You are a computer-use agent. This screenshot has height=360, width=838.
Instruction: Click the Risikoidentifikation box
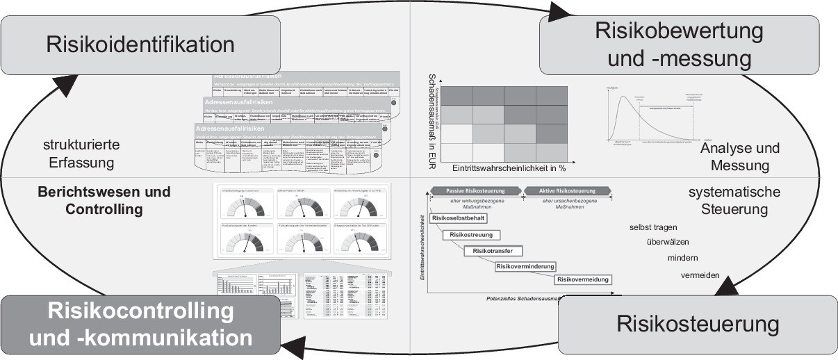141,45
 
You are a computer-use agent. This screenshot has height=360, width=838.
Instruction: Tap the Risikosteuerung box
697,325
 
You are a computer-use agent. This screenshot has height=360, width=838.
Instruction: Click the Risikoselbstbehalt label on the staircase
459,218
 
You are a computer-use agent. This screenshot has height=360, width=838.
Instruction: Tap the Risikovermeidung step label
583,279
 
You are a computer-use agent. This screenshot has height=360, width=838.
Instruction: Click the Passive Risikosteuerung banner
474,190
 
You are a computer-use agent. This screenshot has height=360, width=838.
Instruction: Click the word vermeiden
700,275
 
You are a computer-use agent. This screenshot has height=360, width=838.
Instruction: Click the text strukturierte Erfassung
82,154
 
